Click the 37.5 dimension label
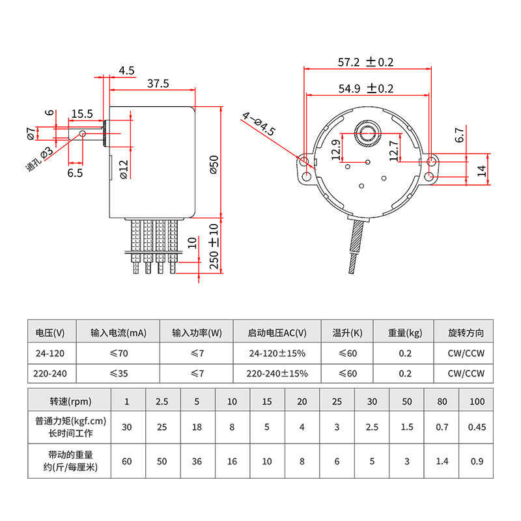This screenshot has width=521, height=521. pos(158,83)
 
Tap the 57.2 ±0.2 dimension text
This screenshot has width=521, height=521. pos(365,62)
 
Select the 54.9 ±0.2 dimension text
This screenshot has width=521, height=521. pos(366,89)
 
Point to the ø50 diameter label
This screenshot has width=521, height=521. pos(214,165)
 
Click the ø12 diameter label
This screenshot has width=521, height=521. pos(124,170)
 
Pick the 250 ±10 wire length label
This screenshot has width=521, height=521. pos(214,246)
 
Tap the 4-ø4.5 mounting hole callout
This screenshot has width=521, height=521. pos(259,124)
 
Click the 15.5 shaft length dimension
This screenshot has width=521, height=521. pos(82,114)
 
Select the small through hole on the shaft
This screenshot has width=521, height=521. pos(83,134)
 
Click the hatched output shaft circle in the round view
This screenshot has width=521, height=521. pos(367,134)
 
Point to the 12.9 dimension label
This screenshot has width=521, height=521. pos(336,150)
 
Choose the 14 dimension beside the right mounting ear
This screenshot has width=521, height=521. pos(481,171)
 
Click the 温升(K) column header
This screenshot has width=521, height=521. pos(347,333)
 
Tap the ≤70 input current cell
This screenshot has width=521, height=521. pos(119,353)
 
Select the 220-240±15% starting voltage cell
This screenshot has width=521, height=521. pos(277,373)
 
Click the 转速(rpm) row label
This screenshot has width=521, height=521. pos(70,401)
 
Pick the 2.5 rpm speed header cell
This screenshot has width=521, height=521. pos(162,401)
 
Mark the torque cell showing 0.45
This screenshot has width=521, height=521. pos(477,427)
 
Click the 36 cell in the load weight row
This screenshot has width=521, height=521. pos(197,461)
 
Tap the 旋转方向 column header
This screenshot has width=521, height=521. pos(466,333)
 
